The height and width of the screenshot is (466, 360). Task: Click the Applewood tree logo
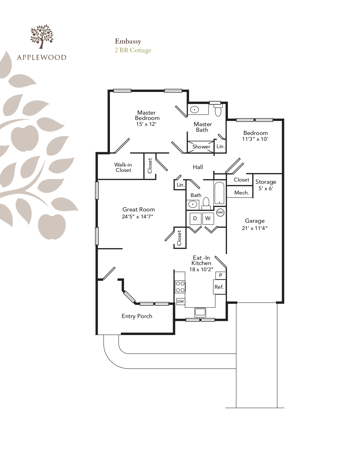point(42,36)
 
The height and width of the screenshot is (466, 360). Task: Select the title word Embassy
point(128,41)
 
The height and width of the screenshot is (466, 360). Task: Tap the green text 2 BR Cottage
point(133,50)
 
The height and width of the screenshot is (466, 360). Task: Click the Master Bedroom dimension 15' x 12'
point(146,124)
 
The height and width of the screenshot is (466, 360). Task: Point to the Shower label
point(201,147)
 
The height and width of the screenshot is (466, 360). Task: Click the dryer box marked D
point(195,218)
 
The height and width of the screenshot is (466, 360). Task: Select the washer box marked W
point(208,218)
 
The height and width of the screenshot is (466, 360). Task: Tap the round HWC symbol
point(220,213)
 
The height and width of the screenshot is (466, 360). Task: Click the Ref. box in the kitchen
point(219,287)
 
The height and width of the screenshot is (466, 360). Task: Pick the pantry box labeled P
point(221,275)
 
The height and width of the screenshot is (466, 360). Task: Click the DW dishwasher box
point(180,301)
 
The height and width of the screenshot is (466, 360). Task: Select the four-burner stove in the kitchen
point(180,287)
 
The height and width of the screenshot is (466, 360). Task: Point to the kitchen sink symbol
point(200,312)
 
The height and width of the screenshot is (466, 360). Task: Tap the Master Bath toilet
point(218,110)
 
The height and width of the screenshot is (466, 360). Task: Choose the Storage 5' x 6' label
point(266,185)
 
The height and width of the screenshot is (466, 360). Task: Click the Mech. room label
point(242,193)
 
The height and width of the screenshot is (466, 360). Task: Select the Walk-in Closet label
point(123,167)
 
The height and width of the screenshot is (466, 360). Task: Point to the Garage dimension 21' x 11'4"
point(255,228)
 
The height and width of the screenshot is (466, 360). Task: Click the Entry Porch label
point(137,316)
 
